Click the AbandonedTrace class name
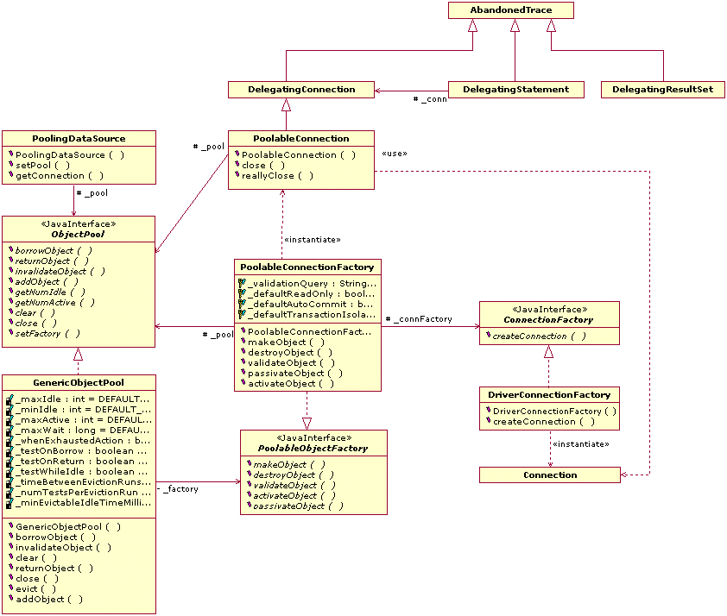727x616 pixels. pyautogui.click(x=511, y=10)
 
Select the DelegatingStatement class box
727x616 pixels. pyautogui.click(x=515, y=89)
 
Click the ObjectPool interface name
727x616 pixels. pyautogui.click(x=78, y=234)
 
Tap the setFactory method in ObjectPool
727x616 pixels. pyautogui.click(x=48, y=333)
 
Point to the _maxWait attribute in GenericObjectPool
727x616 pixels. pyautogui.click(x=82, y=430)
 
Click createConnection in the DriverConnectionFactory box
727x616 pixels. pyautogui.click(x=543, y=421)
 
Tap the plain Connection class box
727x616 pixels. pyautogui.click(x=550, y=475)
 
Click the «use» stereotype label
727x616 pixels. pyautogui.click(x=394, y=154)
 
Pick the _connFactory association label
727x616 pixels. pyautogui.click(x=419, y=319)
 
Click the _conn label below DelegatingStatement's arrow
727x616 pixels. pyautogui.click(x=430, y=100)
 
